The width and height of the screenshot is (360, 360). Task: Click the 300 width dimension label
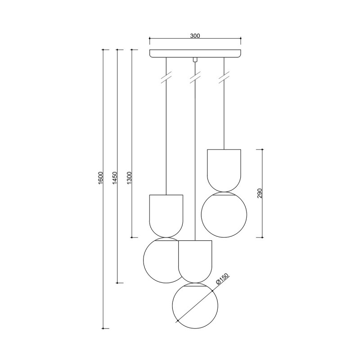click(195, 36)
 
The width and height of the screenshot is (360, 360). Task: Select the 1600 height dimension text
click(100, 178)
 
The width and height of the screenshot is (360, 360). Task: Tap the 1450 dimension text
click(115, 178)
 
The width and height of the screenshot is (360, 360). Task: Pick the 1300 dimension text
click(129, 178)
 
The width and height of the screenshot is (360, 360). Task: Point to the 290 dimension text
click(260, 193)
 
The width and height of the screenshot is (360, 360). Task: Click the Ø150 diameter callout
click(223, 279)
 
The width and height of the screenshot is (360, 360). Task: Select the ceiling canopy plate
click(195, 53)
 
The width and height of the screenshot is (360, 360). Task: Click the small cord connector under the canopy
click(195, 59)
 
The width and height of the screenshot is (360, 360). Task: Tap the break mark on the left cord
click(166, 78)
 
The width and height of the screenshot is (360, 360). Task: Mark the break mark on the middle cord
click(195, 78)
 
